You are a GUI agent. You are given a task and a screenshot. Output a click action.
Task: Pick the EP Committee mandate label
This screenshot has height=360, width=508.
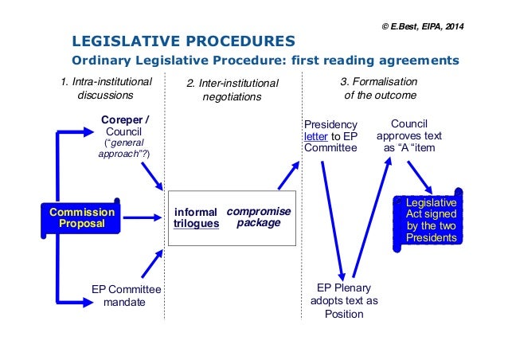(x=127, y=296)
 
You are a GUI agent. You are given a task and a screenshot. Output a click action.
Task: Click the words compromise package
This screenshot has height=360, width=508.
(x=259, y=217)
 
